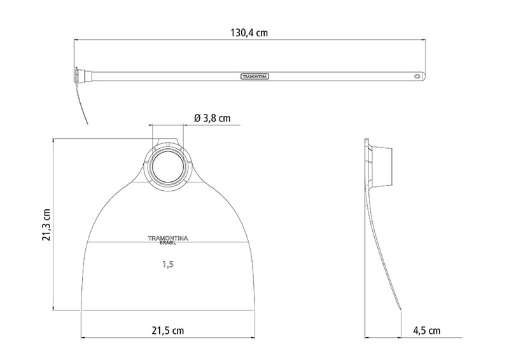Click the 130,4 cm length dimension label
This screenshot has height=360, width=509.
(x=249, y=33)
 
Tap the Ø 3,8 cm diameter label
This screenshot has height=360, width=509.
(x=213, y=118)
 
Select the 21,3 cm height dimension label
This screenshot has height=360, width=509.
(x=46, y=225)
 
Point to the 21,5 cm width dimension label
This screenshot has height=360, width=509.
(x=168, y=331)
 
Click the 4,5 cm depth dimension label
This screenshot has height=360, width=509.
(x=426, y=331)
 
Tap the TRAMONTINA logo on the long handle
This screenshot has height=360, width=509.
(x=255, y=76)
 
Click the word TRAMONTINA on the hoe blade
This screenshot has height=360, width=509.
(x=168, y=238)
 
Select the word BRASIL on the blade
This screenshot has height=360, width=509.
(x=168, y=243)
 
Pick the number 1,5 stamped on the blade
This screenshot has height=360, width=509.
(x=168, y=265)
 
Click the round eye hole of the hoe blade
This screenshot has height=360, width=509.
(x=168, y=166)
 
